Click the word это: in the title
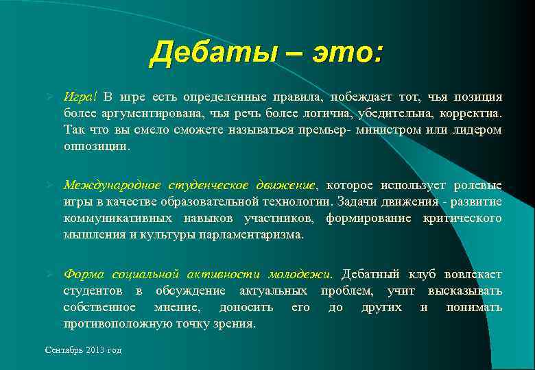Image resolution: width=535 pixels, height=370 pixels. pyautogui.click(x=346, y=53)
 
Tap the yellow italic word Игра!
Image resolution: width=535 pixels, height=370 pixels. pyautogui.click(x=81, y=97)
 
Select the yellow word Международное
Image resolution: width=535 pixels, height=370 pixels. pyautogui.click(x=112, y=185)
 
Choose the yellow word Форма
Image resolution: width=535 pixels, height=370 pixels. pyautogui.click(x=83, y=274)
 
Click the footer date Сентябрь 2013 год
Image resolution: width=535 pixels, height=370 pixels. pyautogui.click(x=83, y=350)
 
